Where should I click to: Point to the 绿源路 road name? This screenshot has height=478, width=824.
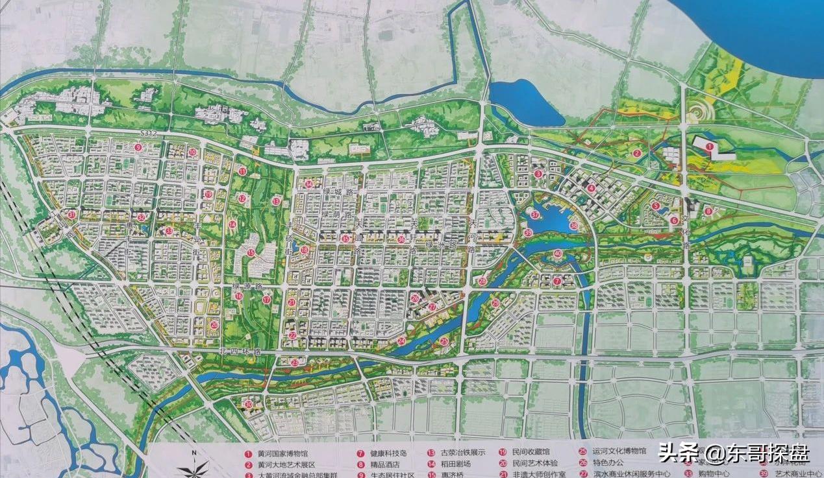coord(243,286)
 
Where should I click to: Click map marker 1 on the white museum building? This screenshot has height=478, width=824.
coord(710,147)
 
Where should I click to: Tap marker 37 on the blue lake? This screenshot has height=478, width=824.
coord(535,215)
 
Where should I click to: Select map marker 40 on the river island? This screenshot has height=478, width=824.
coord(558,254)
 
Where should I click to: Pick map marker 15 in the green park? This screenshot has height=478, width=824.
coord(250,253)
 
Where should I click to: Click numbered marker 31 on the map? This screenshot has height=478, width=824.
coord(72,214)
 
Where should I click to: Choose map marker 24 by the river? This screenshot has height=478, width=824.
coord(401,341)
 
